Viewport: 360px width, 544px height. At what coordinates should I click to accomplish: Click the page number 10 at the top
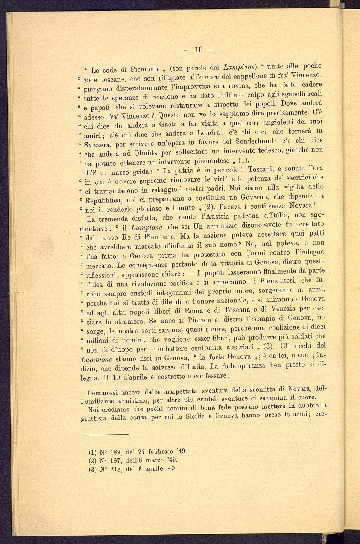coord(199,49)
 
